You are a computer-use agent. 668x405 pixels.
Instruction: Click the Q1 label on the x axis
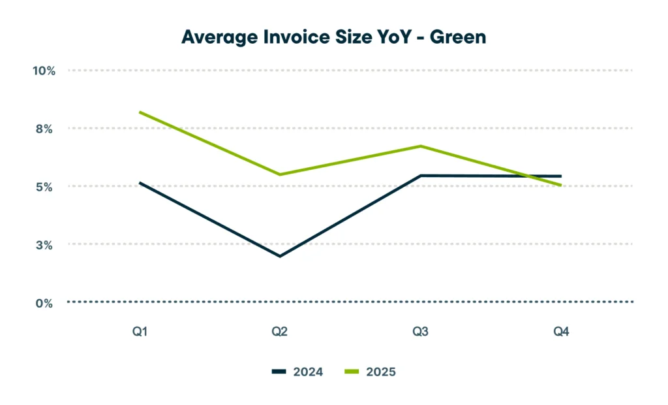tap(140, 332)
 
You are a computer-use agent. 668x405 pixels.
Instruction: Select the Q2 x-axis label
tap(280, 332)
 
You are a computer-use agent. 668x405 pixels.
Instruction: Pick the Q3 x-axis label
tap(421, 332)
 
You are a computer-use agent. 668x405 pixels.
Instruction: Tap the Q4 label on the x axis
tap(561, 332)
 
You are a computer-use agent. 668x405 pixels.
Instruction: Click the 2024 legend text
tap(309, 372)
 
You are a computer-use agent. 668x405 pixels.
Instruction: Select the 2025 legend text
tap(381, 372)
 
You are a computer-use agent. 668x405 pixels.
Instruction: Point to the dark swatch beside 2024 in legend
tap(279, 372)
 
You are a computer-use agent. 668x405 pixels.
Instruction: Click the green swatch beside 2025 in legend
tap(352, 372)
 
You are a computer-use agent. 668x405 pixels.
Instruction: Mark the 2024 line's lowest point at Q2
tap(280, 256)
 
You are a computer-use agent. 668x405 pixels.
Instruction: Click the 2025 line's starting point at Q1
tap(140, 112)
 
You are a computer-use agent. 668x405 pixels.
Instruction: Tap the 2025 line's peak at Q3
tap(421, 146)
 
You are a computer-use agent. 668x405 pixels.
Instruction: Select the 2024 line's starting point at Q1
tap(140, 183)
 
